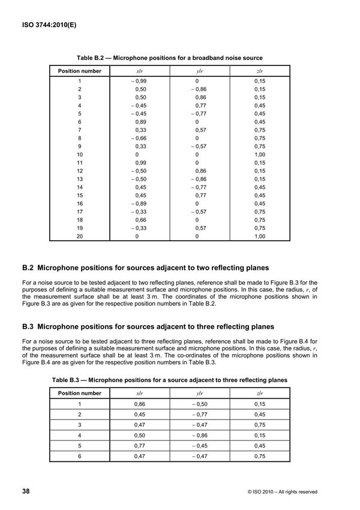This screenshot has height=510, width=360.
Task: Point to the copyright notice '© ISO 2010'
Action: point(282,492)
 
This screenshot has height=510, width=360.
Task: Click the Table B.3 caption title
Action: point(170,380)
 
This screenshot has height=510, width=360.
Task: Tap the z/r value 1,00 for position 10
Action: point(259,154)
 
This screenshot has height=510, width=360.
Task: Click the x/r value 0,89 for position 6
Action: point(140,122)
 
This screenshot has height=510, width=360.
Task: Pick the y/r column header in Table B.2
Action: point(199,71)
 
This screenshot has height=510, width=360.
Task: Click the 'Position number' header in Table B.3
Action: point(79,393)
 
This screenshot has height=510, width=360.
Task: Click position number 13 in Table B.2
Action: point(79,179)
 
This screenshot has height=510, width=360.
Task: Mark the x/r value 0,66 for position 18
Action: point(140,220)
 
